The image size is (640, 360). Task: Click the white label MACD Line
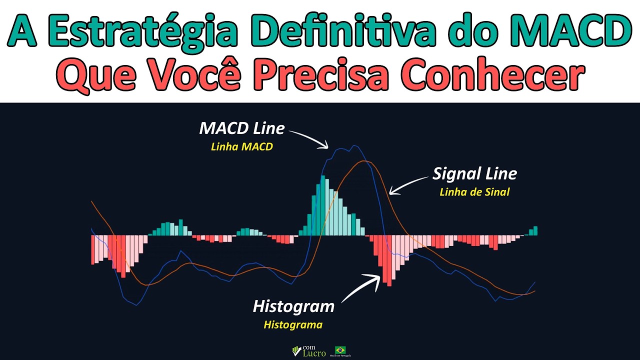242,128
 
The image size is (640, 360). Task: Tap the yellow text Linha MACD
242,147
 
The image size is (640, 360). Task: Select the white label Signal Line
474,174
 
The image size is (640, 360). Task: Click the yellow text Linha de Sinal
474,192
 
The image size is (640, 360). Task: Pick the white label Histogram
293,306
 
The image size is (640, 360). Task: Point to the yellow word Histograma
293,325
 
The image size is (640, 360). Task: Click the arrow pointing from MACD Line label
310,138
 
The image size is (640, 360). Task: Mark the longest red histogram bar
389,260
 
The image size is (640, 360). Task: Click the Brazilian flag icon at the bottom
340,349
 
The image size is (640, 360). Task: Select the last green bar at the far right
535,230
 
